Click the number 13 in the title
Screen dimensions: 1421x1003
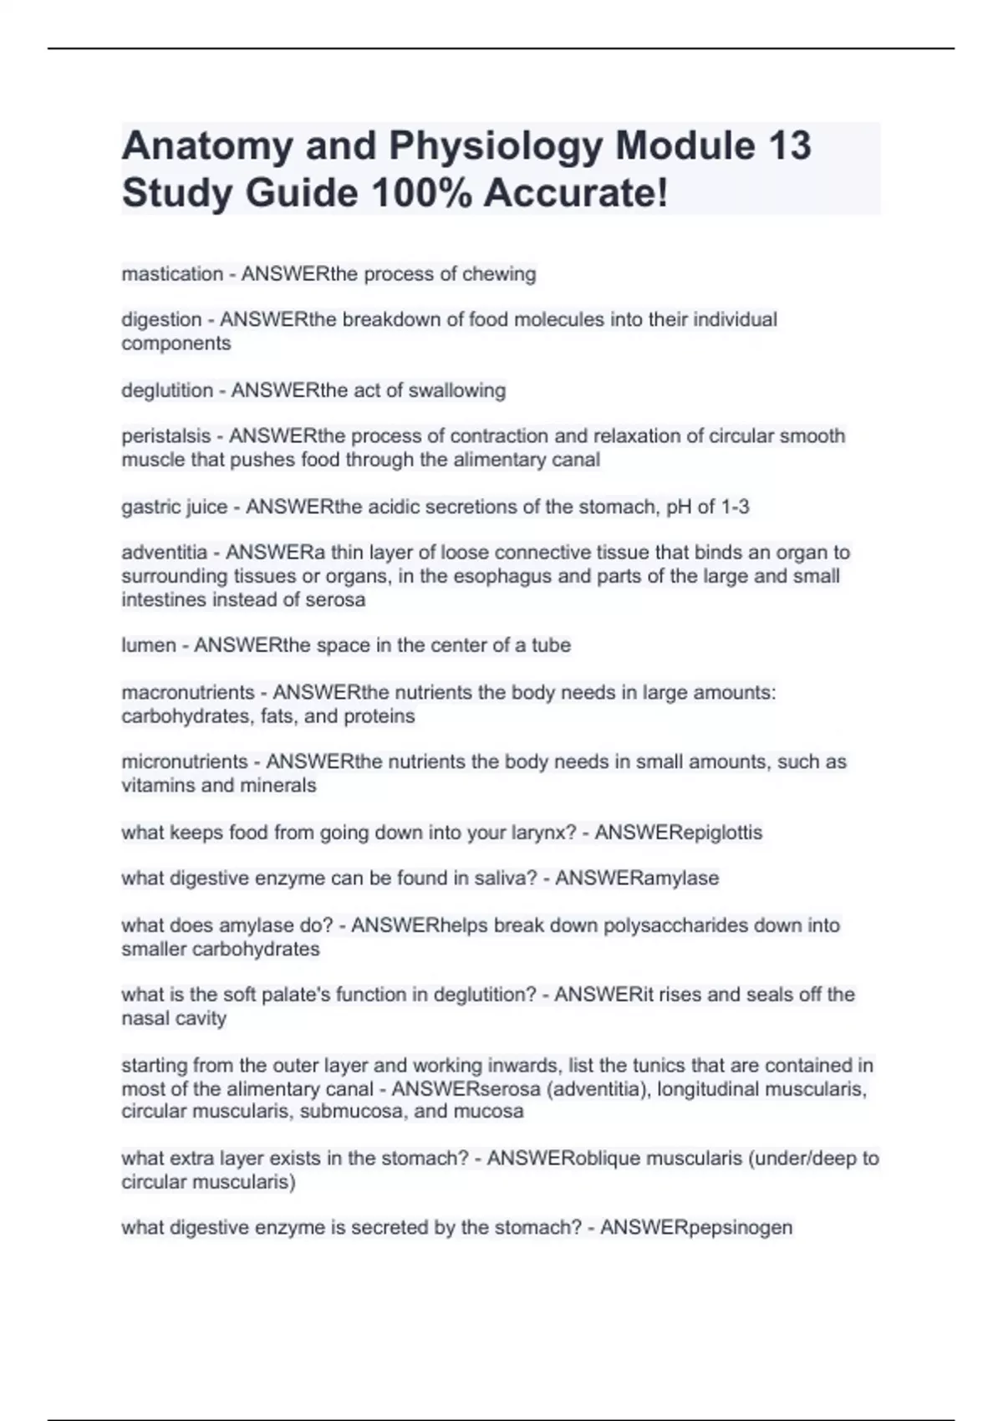pyautogui.click(x=787, y=145)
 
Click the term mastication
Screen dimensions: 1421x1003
pyautogui.click(x=172, y=274)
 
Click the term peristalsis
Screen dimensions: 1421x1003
pyautogui.click(x=166, y=436)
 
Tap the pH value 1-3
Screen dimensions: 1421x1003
pyautogui.click(x=735, y=507)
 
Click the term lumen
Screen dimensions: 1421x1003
pyautogui.click(x=149, y=645)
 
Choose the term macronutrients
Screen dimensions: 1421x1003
pyautogui.click(x=188, y=693)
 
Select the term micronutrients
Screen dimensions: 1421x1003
pyautogui.click(x=185, y=762)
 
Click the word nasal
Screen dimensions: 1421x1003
pyautogui.click(x=145, y=1019)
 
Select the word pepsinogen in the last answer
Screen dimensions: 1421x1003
pyautogui.click(x=740, y=1228)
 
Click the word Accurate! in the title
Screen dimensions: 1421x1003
pyautogui.click(x=576, y=193)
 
